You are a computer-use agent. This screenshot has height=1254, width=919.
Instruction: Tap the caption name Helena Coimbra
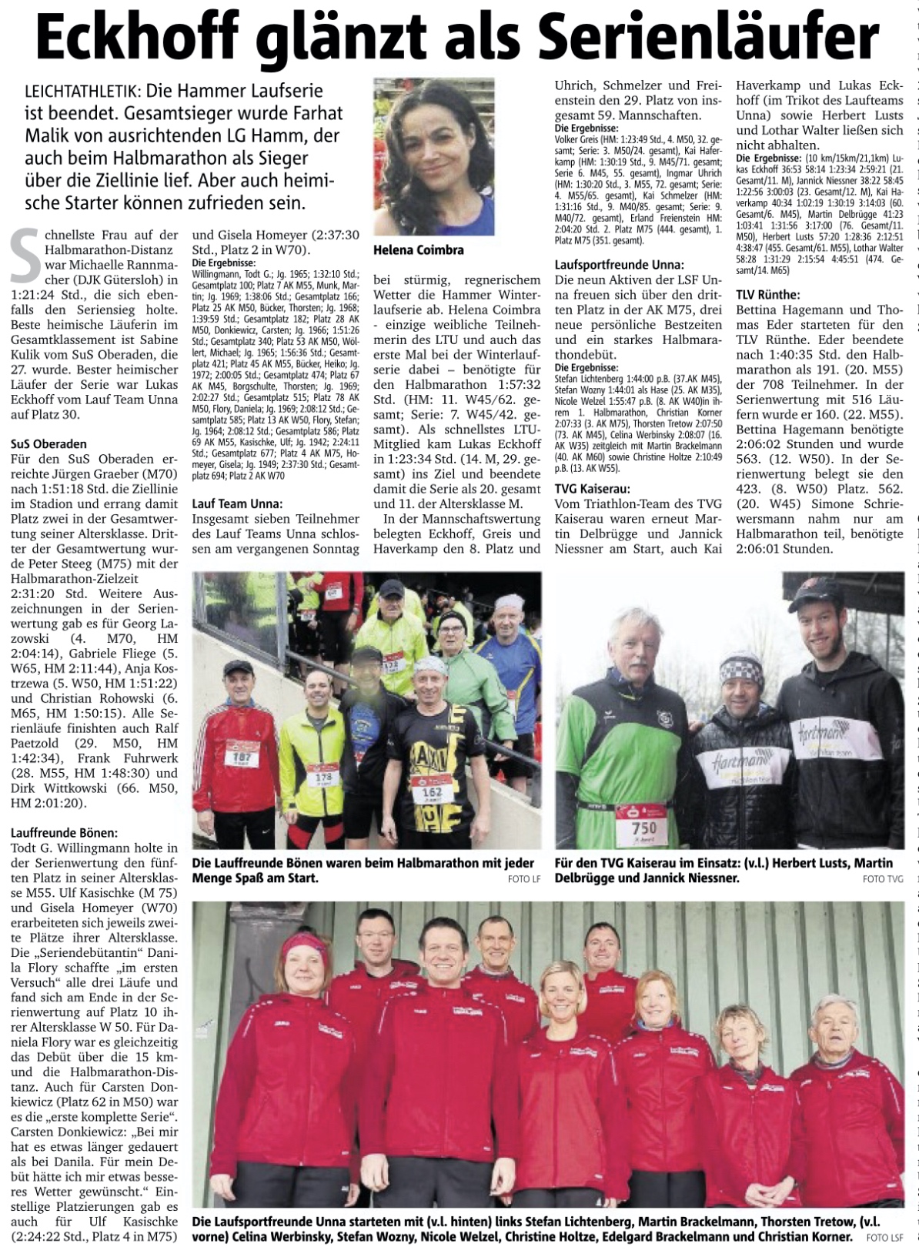(418, 249)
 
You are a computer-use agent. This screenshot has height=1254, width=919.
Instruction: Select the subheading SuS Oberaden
(48, 444)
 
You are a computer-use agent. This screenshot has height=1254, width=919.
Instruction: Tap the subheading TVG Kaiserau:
(593, 488)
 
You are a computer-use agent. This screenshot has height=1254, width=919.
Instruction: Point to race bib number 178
(322, 777)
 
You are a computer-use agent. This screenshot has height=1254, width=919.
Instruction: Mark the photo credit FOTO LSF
(883, 1238)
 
